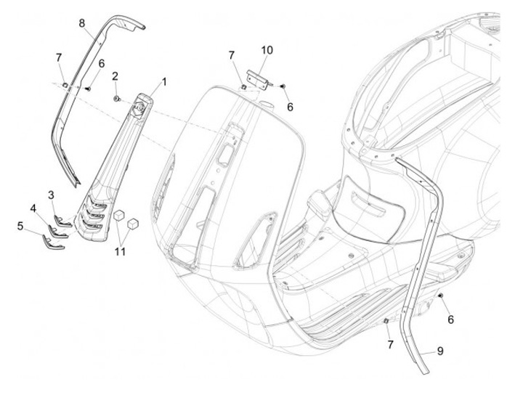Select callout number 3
[x=52, y=194]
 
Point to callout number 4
[x=33, y=208]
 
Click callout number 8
[x=82, y=23]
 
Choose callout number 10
[x=267, y=50]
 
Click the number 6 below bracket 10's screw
[x=290, y=106]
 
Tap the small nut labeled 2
[x=117, y=95]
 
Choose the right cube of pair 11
[x=133, y=224]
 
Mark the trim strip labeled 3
[x=64, y=222]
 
